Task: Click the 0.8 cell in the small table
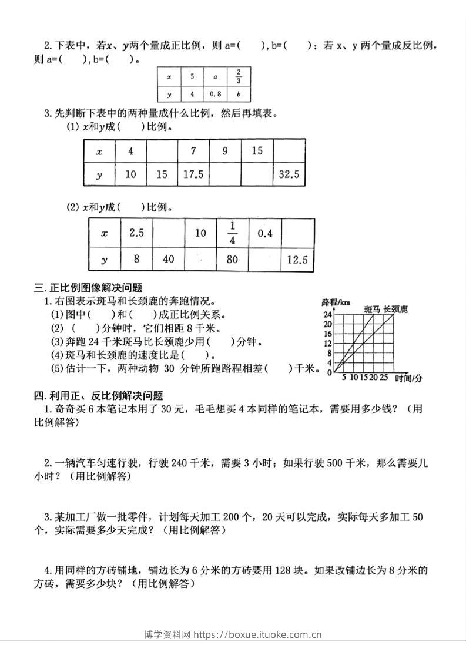pos(216,93)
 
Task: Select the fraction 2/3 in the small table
pos(239,77)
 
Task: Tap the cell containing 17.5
pos(193,174)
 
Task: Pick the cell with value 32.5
pos(289,174)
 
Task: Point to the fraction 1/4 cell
pos(233,233)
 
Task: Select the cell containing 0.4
pos(265,233)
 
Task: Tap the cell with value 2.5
pos(136,233)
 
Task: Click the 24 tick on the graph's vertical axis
pos(328,315)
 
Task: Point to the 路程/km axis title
pos(336,302)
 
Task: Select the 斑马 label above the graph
pos(372,308)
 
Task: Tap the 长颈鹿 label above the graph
pos(395,308)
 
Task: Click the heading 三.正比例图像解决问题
pos(89,288)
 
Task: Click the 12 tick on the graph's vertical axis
pos(328,343)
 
